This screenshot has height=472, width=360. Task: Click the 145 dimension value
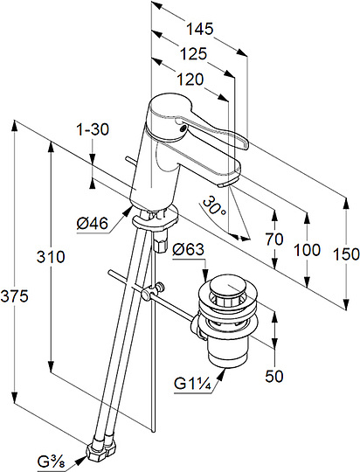coord(199,29)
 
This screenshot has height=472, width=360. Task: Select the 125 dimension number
coord(194,54)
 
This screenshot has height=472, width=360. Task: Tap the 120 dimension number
coord(190,80)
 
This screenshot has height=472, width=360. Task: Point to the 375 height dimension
coord(14,296)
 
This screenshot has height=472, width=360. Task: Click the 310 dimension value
coord(51,257)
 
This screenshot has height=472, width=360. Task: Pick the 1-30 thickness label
coord(93,129)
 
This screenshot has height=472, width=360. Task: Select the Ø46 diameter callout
coord(92,224)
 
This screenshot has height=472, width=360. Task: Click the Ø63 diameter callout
coord(188,249)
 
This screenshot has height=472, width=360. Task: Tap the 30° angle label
coord(214,205)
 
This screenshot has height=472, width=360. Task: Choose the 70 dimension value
coord(274,239)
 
